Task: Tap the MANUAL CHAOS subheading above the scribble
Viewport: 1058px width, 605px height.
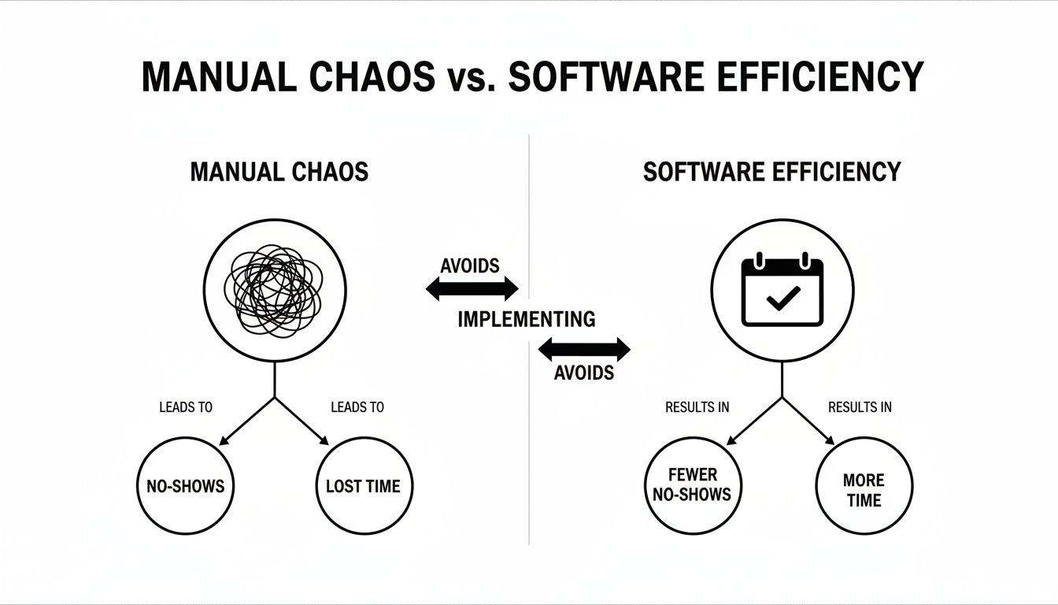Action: click(x=279, y=172)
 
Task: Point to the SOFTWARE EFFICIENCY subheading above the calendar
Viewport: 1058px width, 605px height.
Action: click(x=771, y=172)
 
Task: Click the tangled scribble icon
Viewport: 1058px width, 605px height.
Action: click(x=272, y=290)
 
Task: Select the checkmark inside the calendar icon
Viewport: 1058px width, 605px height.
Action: click(x=782, y=298)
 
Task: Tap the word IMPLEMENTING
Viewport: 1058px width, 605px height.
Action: click(x=527, y=319)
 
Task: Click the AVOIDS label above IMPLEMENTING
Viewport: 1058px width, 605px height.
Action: click(x=470, y=266)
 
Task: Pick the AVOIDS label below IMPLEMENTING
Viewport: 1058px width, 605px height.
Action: click(x=583, y=373)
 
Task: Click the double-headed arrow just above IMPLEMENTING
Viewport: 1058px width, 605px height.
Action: click(x=472, y=289)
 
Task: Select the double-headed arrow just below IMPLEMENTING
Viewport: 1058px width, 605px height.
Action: click(x=583, y=349)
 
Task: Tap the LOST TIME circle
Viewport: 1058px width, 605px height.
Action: click(x=363, y=487)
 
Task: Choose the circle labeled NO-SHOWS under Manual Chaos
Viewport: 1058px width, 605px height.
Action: click(x=186, y=487)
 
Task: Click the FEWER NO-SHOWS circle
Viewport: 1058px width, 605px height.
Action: click(x=692, y=484)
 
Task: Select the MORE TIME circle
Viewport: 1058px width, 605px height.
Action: click(x=864, y=489)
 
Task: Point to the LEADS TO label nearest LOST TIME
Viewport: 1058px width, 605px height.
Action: click(x=357, y=407)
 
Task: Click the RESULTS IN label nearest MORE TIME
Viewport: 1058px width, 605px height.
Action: click(x=860, y=407)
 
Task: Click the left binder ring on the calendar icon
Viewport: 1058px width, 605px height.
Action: click(x=760, y=260)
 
